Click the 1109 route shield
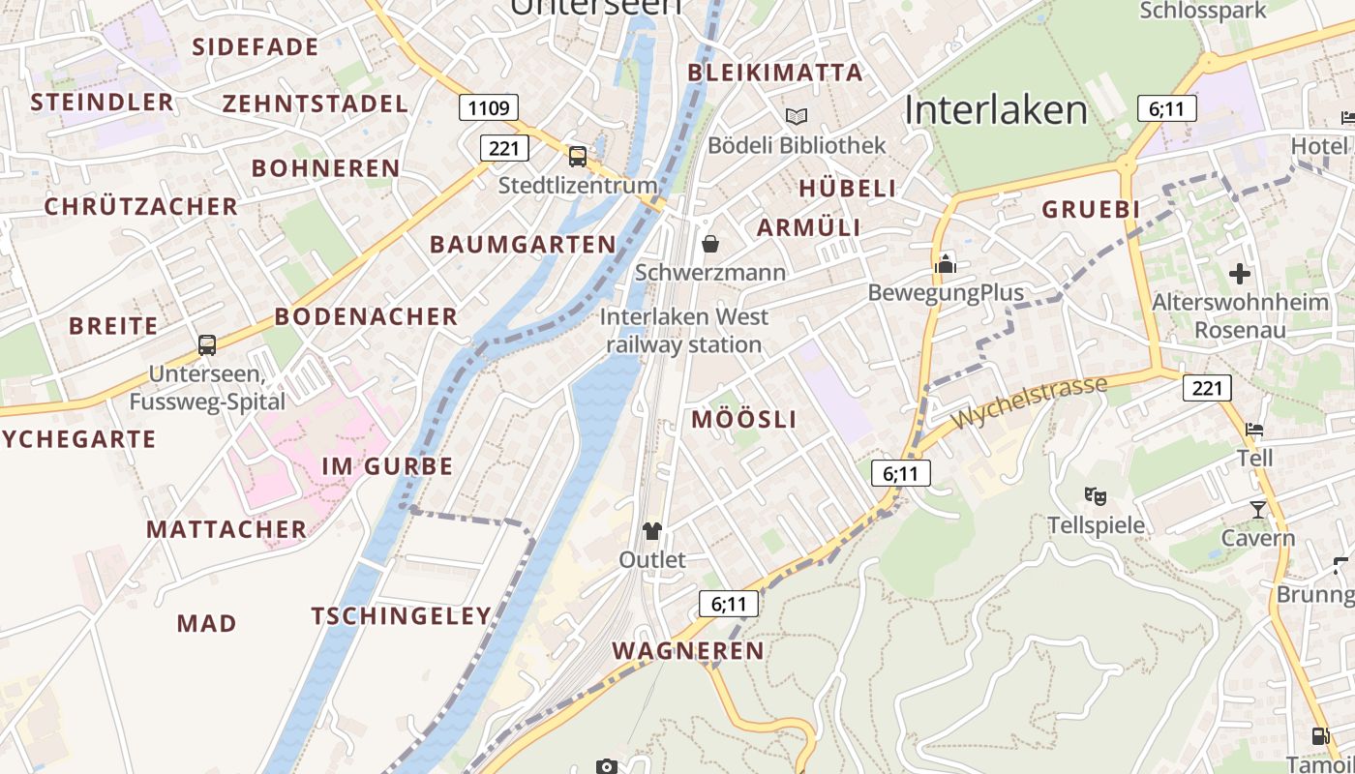(489, 107)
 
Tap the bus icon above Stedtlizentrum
(578, 156)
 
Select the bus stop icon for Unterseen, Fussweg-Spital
(207, 344)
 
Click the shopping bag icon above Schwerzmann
(710, 243)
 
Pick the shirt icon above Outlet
(652, 530)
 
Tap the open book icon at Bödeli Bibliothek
(797, 116)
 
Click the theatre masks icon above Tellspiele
(1096, 496)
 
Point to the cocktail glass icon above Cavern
(1257, 509)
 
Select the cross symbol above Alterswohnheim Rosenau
(1240, 274)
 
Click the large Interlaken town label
(996, 110)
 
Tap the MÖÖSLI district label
(744, 419)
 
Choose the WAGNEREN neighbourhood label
(689, 650)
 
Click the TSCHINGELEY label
(402, 615)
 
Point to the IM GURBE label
(387, 466)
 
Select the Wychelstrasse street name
(1030, 403)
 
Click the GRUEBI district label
(1091, 209)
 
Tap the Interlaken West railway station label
(685, 330)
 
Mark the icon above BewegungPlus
(946, 263)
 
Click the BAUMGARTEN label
(523, 244)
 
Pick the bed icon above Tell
(1254, 429)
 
